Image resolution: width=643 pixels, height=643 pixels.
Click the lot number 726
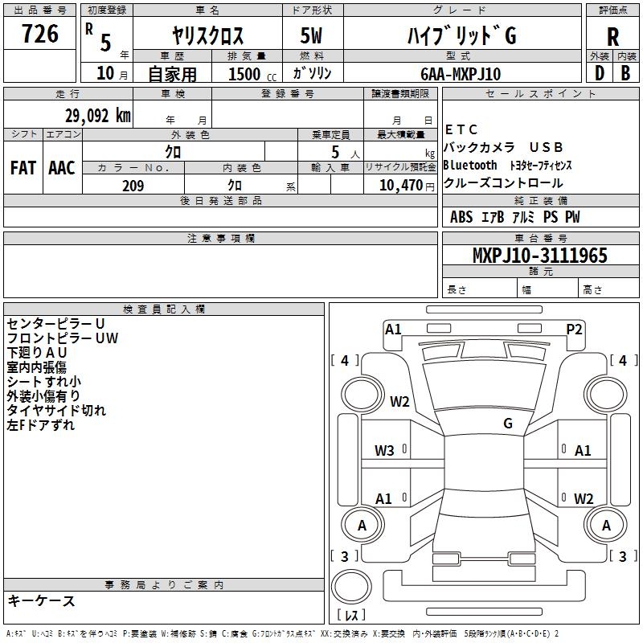(40, 34)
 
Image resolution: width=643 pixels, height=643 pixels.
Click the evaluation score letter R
(612, 37)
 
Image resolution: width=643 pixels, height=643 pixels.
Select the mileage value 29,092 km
(98, 116)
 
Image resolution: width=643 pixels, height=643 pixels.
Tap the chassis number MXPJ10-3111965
(540, 255)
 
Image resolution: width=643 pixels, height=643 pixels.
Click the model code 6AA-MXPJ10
(461, 74)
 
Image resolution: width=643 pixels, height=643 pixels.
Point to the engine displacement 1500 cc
(252, 74)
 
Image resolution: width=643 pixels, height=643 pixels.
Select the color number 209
(133, 186)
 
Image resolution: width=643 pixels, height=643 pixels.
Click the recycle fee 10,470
(401, 186)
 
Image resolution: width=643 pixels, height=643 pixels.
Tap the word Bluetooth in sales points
(470, 166)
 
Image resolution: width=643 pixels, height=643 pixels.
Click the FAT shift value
(23, 168)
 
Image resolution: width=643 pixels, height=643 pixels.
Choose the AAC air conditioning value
(62, 168)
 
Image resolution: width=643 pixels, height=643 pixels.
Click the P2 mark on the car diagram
(574, 330)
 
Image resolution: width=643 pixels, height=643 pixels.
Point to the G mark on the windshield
(508, 424)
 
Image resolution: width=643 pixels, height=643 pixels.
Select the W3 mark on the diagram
(384, 451)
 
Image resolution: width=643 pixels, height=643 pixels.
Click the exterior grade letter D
(600, 73)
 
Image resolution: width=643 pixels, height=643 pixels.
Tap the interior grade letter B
(625, 73)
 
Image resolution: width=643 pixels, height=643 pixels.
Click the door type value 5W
(311, 35)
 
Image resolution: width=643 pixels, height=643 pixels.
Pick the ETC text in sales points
(461, 129)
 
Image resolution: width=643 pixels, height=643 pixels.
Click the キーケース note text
(41, 600)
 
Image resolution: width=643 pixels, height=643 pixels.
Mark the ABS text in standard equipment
(461, 217)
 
